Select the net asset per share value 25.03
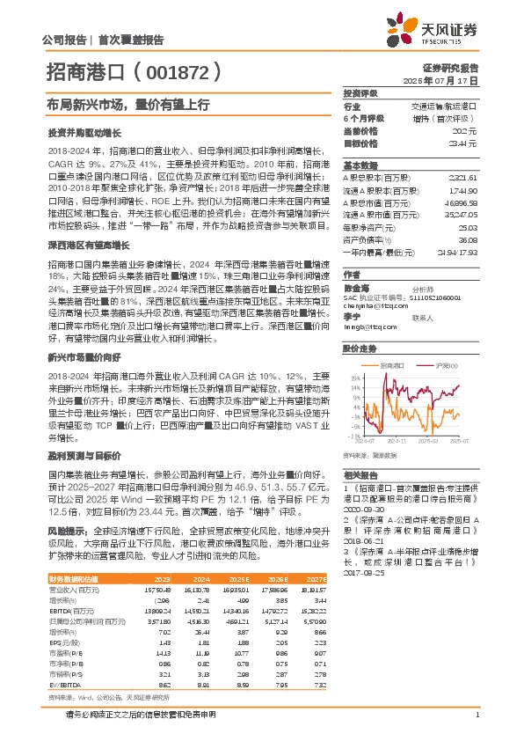[x=467, y=225]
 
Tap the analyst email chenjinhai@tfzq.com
[x=368, y=305]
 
